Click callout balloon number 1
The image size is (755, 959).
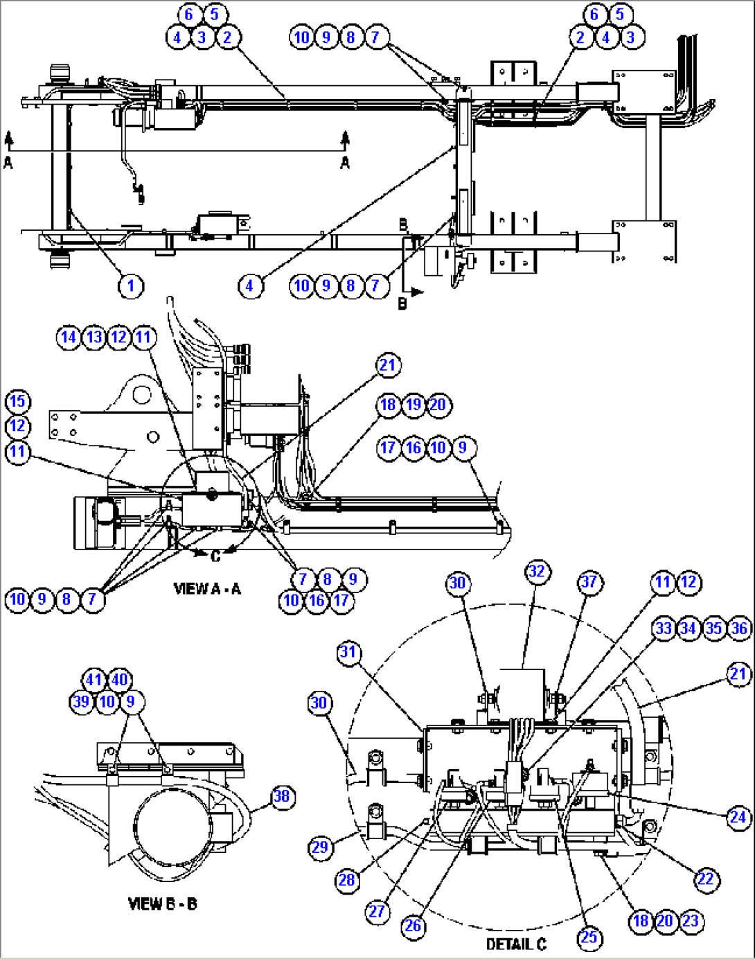[131, 285]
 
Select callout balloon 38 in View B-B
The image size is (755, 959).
[281, 796]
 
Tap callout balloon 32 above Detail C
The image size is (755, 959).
[537, 572]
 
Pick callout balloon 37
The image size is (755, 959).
[589, 582]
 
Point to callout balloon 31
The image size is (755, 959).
[348, 652]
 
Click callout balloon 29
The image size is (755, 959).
[320, 847]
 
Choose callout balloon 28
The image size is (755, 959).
[347, 880]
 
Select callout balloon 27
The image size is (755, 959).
[377, 910]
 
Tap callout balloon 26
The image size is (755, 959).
[413, 926]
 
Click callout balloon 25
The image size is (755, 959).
[589, 938]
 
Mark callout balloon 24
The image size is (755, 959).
[738, 818]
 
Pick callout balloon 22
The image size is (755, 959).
[705, 879]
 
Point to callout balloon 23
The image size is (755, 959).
[690, 921]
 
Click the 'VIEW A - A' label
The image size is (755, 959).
[207, 589]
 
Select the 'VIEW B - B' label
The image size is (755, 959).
[162, 904]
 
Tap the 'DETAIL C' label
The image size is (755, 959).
[515, 944]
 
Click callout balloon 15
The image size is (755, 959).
[17, 401]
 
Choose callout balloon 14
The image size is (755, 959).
[69, 337]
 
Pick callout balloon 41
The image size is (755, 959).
[94, 680]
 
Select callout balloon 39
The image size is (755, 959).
[82, 702]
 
